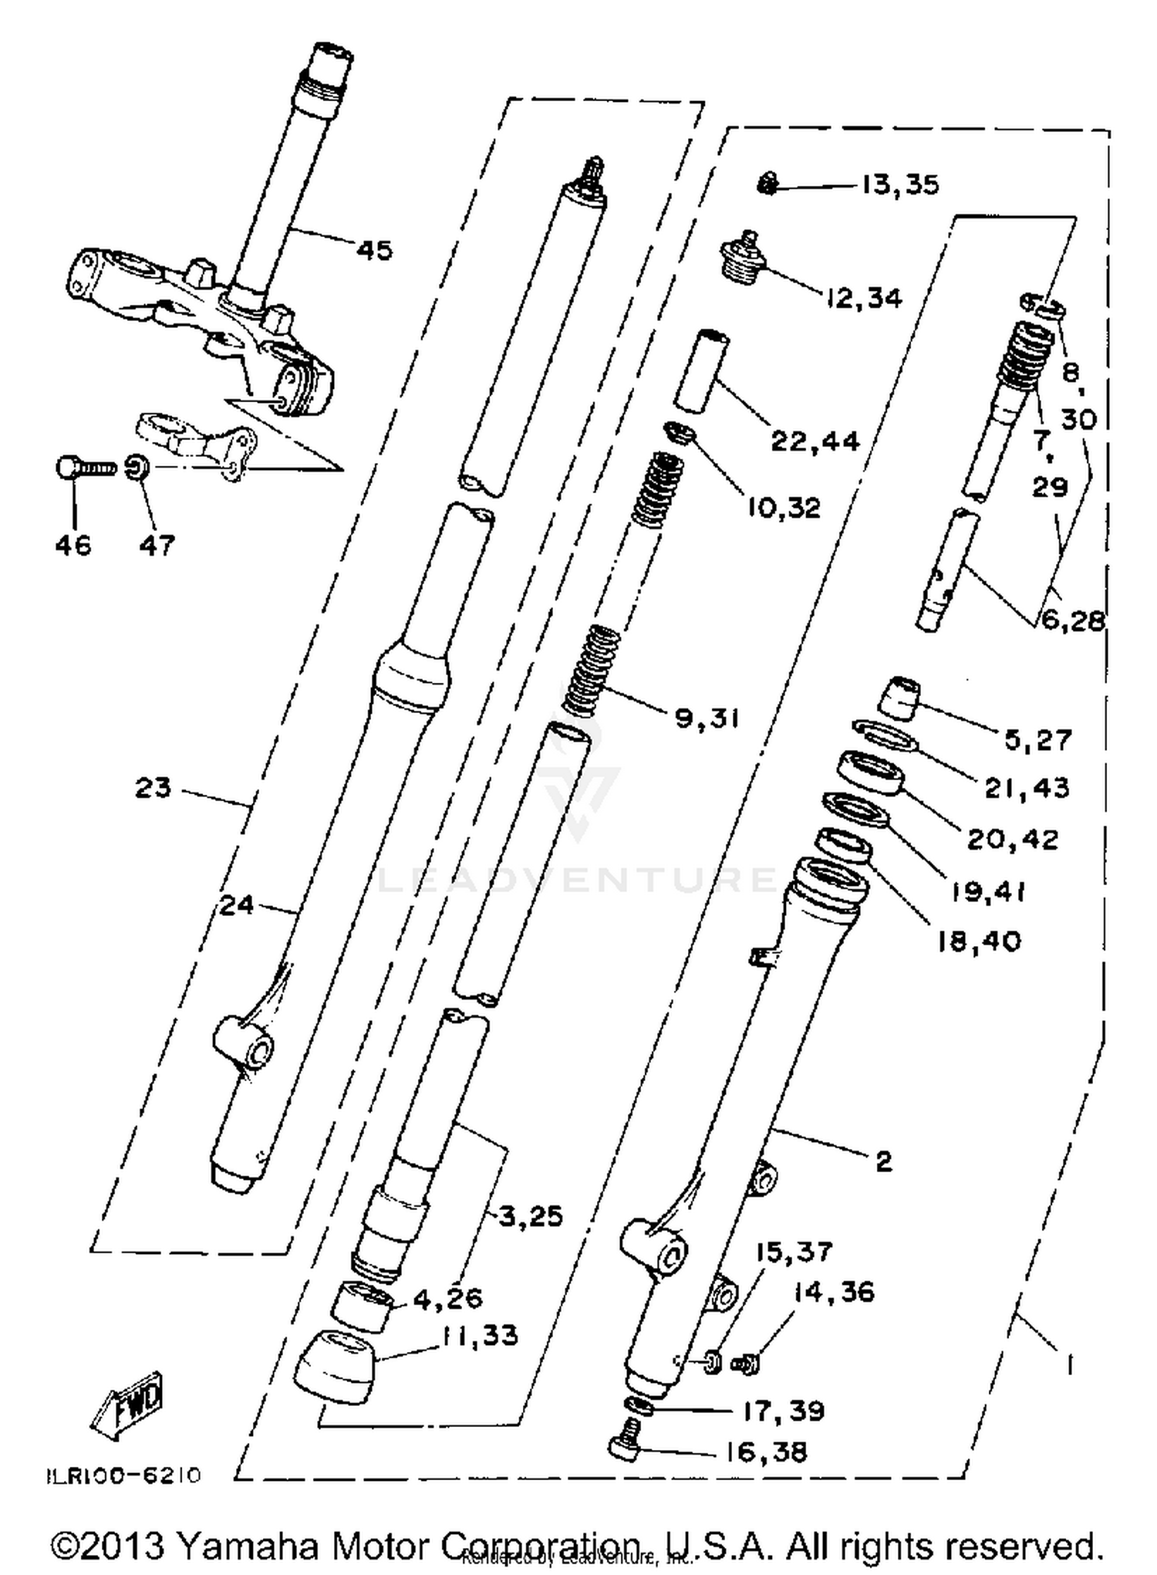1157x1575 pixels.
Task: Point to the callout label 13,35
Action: pos(899,185)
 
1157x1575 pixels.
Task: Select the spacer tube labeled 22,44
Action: pos(702,370)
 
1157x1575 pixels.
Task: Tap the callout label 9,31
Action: pos(707,718)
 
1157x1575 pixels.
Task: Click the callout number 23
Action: pos(153,788)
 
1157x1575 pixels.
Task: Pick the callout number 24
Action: pos(236,904)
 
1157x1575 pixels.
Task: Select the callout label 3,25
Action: pos(531,1217)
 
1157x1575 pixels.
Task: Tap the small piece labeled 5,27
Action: pos(900,698)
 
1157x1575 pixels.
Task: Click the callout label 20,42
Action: pos(1013,840)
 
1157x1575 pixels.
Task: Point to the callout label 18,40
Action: pos(979,941)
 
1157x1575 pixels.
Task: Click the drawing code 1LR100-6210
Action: pos(122,1475)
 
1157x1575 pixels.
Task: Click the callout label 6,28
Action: pos(1073,620)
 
